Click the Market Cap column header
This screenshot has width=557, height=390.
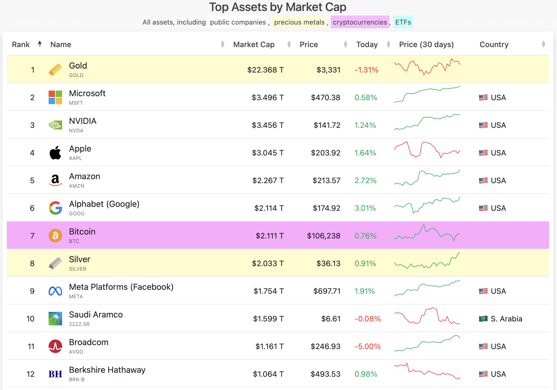254,45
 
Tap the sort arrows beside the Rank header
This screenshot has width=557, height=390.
40,44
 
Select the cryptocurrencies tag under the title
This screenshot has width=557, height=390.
360,22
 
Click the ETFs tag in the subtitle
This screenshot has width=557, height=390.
403,22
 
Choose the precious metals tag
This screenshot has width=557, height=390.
299,22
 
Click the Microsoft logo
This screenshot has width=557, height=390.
55,97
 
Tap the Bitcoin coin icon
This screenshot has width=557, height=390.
55,236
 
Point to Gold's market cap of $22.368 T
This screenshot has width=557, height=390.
266,70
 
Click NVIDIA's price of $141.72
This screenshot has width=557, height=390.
327,125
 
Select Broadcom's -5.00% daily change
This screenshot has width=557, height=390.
368,347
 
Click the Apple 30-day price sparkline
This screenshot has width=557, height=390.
427,150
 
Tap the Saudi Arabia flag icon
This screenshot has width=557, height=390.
483,319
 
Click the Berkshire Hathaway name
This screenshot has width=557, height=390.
107,370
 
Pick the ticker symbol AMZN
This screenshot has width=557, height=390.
77,186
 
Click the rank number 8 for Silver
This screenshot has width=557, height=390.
32,264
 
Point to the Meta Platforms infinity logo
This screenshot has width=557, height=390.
55,291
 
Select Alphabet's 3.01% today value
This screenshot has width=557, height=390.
365,208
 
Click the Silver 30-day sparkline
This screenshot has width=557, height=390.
427,260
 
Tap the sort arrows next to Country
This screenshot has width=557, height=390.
543,44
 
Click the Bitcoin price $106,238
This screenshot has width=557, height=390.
324,236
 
